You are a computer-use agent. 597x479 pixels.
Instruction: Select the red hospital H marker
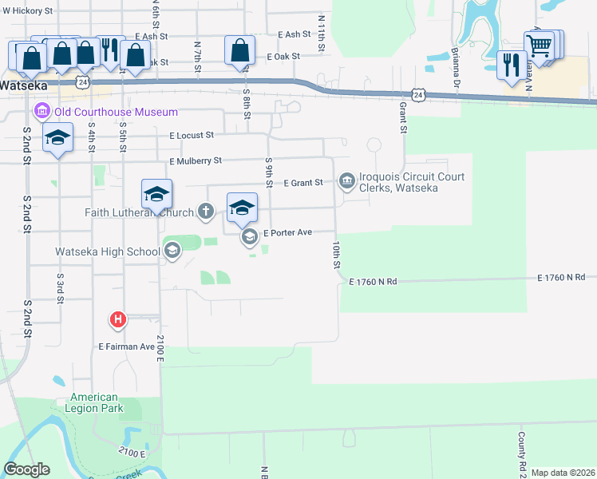(118, 320)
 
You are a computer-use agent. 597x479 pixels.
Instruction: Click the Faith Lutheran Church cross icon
(206, 212)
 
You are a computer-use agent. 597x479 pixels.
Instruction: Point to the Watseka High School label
(108, 252)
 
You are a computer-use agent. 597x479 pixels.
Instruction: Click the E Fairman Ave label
(126, 346)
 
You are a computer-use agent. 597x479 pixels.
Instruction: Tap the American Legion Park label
(94, 402)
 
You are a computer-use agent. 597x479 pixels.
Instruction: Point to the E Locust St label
(192, 137)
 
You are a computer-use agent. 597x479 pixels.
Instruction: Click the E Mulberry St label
(196, 161)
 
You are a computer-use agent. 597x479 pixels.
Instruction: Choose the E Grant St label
(303, 183)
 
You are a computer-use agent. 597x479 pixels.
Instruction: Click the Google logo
(27, 469)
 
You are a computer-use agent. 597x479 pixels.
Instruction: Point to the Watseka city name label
(24, 85)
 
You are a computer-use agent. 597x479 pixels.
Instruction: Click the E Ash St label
(151, 36)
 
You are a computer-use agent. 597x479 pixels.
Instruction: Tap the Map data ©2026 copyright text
(563, 473)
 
